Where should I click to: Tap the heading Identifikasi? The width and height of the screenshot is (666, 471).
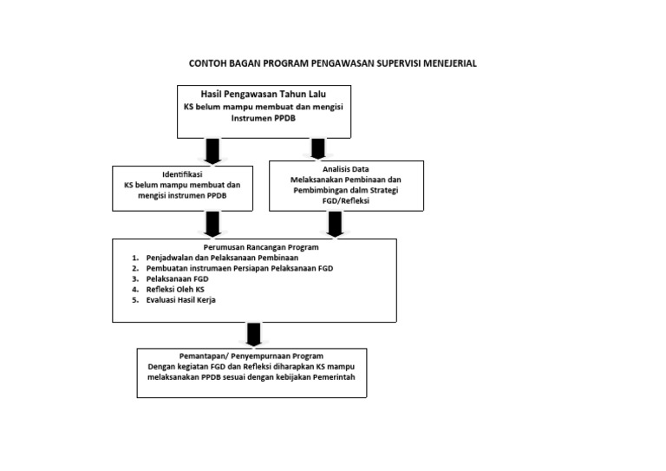[182, 174]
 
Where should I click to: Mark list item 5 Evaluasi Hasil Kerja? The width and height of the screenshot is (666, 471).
[181, 300]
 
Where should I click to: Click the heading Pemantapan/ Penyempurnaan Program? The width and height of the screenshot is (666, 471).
[252, 357]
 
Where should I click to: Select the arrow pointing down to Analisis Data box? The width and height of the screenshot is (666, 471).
[317, 148]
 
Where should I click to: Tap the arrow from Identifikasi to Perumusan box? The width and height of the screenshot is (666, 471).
[211, 225]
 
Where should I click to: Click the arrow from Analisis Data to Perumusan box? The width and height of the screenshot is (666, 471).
[334, 224]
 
